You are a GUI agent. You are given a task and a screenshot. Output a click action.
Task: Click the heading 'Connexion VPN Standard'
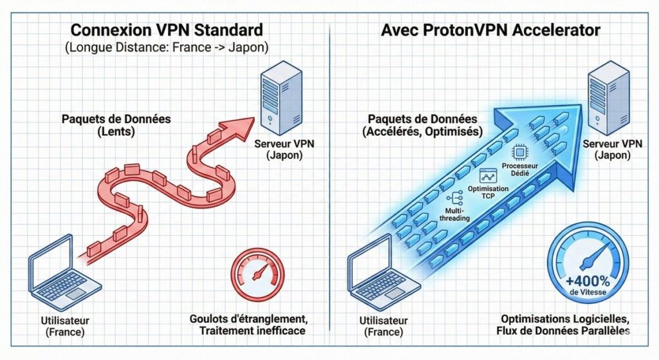(x=166, y=30)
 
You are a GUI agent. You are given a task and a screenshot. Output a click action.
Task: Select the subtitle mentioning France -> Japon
(x=166, y=48)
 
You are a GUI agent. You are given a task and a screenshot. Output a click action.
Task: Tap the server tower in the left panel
(x=281, y=94)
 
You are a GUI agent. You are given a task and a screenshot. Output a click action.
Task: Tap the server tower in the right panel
(x=606, y=94)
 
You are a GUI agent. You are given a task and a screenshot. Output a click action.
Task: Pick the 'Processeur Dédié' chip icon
(x=520, y=152)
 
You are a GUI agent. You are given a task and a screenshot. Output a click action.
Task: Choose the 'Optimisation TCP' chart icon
(x=489, y=176)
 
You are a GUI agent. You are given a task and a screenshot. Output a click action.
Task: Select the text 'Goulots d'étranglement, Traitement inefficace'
(x=247, y=325)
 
